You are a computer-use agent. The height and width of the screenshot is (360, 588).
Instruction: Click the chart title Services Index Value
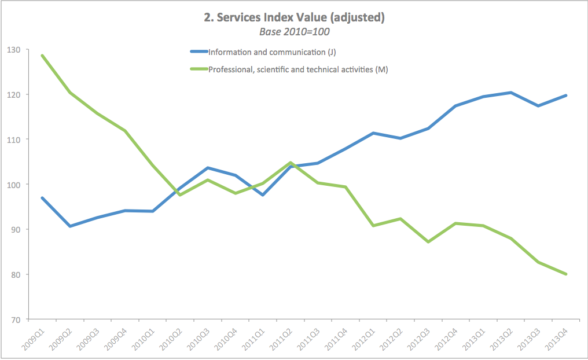pos(294,18)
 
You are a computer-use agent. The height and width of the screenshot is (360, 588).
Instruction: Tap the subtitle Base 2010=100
pos(294,32)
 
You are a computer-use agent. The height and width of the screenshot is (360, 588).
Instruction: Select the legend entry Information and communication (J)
pos(272,52)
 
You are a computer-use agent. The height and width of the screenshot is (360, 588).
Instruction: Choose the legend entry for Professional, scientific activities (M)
pos(297,69)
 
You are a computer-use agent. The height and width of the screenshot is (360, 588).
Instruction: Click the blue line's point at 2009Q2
pos(69,226)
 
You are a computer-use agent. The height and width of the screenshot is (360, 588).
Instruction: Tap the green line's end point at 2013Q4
pos(565,274)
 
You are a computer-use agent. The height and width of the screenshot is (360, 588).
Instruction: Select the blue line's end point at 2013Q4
pos(565,95)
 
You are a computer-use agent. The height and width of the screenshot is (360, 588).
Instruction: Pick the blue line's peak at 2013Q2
pos(510,93)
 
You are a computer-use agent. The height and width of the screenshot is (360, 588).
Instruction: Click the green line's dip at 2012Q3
pos(428,242)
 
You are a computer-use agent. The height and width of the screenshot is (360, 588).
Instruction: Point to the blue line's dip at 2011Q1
pos(262,195)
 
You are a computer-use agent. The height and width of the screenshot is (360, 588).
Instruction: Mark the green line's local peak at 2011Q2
pos(290,163)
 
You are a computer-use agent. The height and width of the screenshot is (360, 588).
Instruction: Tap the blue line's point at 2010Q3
pos(207,168)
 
